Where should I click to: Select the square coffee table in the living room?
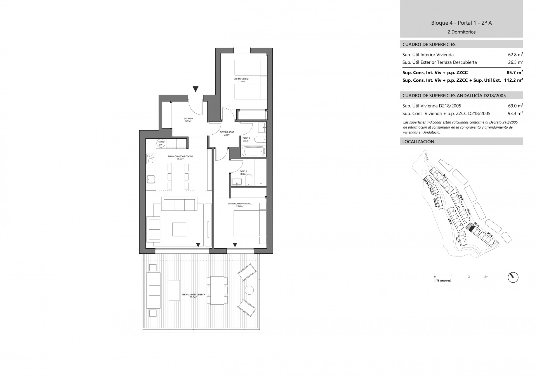(x=179, y=229)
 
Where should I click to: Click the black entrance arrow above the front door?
(x=196, y=89)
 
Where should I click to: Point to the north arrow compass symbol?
(x=513, y=277)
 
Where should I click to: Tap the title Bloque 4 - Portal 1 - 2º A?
(x=461, y=23)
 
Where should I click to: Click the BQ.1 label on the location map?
(x=446, y=177)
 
